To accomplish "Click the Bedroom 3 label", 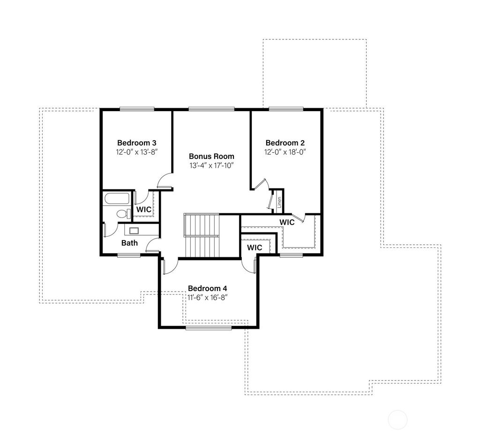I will pos(136,142).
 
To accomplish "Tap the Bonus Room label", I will pos(211,156).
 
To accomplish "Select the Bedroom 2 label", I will pos(285,142).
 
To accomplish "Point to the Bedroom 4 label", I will pos(208,288).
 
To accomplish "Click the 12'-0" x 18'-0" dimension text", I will pos(285,152).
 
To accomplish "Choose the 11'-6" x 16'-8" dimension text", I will pos(208,297).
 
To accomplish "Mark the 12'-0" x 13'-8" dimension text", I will pos(136,152).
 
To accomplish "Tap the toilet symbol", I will pos(123,214).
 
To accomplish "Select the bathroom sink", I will pos(134,230).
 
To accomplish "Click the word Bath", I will pos(129,243).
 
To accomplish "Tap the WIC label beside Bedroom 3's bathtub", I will pos(144,210).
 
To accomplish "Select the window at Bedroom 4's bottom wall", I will pos(208,328).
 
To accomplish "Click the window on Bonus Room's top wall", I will pos(211,110).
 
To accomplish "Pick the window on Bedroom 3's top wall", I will pos(136,110).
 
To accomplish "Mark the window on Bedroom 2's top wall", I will pos(286,110).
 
